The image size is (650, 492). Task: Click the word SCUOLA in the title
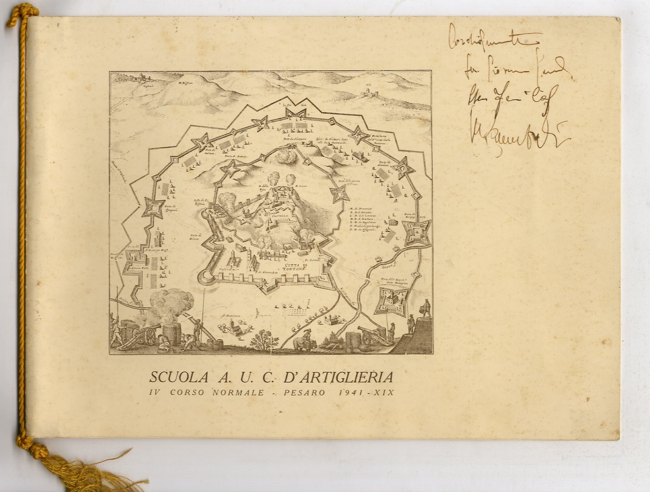(174, 377)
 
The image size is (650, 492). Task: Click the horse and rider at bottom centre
(302, 340)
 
